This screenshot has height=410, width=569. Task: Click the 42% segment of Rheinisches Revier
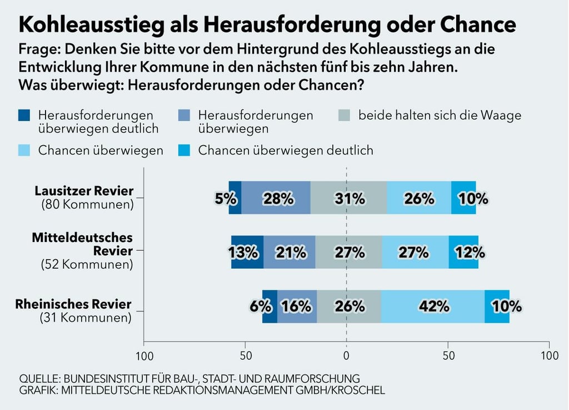coord(433,307)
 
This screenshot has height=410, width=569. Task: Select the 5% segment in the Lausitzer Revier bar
coord(235,197)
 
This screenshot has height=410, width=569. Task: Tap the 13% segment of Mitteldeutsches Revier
coord(247,252)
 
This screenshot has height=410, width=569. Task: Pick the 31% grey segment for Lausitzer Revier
coord(348,197)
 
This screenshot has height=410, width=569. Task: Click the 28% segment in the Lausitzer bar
coord(276,197)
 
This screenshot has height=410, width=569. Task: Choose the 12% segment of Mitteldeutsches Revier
coord(463,252)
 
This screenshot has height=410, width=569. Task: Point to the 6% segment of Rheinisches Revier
coord(270,307)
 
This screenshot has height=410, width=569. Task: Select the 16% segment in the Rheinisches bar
coord(297,307)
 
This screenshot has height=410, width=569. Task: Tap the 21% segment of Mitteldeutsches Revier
coord(290,252)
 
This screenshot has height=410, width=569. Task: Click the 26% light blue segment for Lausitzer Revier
coord(419,197)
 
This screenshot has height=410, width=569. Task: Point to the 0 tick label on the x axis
coord(346,355)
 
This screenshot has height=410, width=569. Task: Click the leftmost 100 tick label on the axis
coord(144,355)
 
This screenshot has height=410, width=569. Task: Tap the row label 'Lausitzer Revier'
coord(84,191)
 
